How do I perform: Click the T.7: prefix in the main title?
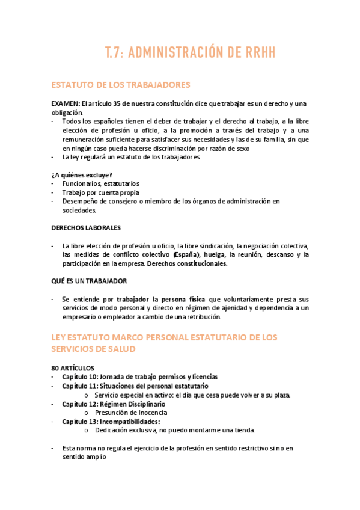point(116,52)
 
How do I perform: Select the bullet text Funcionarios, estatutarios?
point(100,183)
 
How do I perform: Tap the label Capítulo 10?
point(80,376)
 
